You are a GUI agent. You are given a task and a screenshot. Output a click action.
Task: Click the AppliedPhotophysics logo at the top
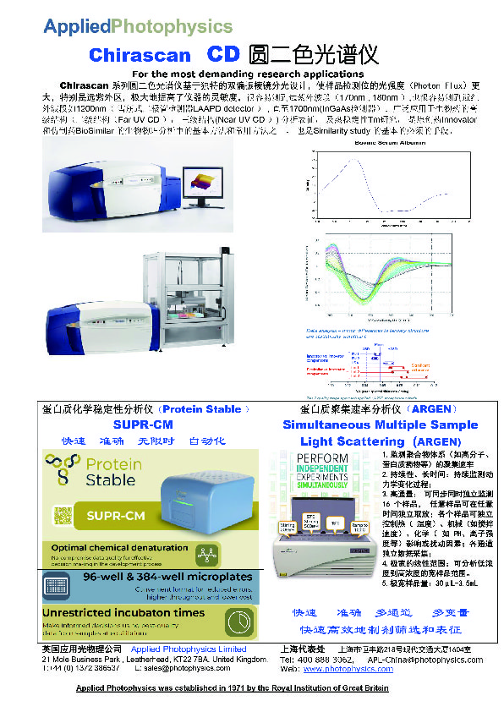coord(138,26)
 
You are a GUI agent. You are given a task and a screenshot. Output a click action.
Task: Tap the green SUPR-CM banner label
coord(118,515)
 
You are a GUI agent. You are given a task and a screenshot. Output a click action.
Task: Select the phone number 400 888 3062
coord(325,659)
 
